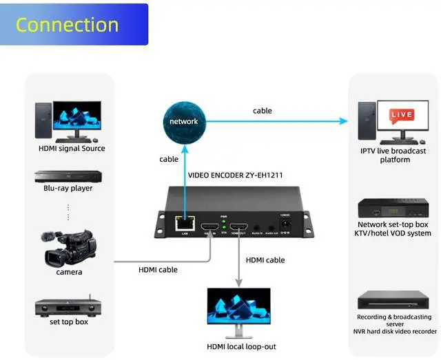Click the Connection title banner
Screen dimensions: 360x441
point(74,25)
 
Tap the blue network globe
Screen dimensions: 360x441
point(183,121)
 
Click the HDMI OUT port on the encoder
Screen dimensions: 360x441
point(239,228)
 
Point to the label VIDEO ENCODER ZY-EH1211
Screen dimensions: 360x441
point(235,175)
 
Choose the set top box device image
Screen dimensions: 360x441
point(68,306)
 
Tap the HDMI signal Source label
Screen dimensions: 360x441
point(72,148)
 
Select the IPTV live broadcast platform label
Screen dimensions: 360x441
point(394,155)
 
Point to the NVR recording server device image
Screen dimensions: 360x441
point(393,301)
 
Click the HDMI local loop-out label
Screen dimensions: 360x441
point(241,346)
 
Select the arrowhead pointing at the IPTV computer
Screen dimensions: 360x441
point(344,121)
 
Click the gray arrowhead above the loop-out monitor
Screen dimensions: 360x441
point(238,282)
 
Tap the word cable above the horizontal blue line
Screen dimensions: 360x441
point(262,110)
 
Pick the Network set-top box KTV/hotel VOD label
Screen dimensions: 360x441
point(394,229)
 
